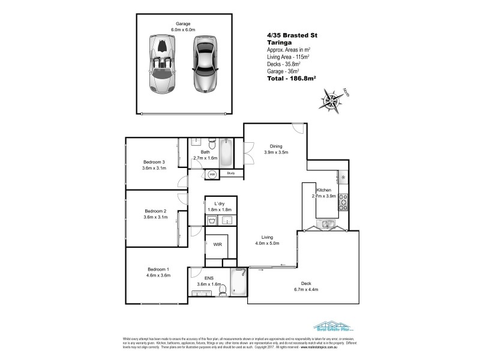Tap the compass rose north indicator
click(331, 98)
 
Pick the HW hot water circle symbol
click(212, 175)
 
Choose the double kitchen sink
click(324, 225)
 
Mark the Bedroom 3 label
click(154, 162)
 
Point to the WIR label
click(217, 245)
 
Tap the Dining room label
click(276, 146)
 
